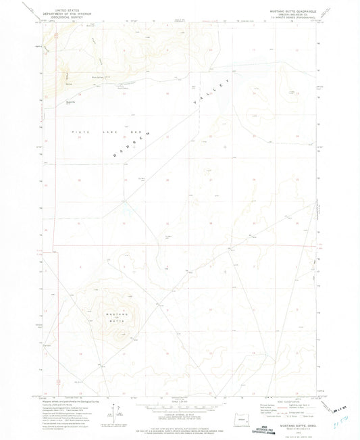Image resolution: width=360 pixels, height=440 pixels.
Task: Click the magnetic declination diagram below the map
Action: tap(120, 410)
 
